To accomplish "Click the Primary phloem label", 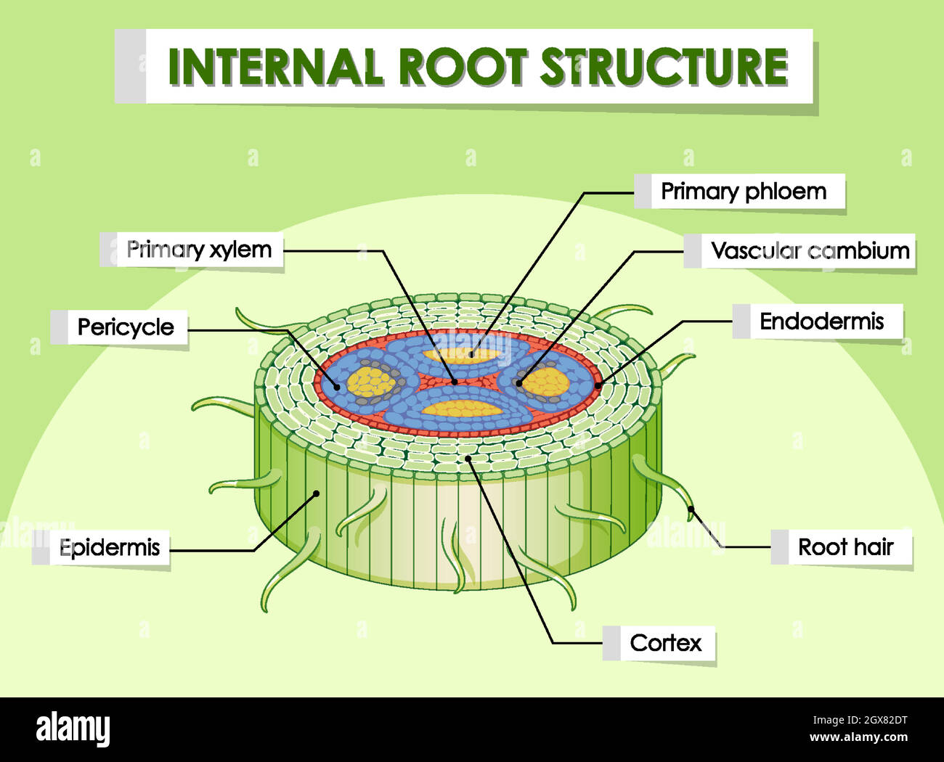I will tap(743, 192).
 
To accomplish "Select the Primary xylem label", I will tap(199, 250).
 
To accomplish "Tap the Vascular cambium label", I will tap(810, 251).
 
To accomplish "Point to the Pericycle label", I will tap(126, 327).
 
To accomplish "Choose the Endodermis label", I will tap(821, 321).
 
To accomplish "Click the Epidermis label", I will tap(110, 547).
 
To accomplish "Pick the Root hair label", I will tap(845, 546).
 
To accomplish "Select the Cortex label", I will tap(665, 643).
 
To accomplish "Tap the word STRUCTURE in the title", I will tap(664, 67).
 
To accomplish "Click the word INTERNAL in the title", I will tap(275, 67).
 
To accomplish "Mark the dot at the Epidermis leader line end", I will tap(317, 493).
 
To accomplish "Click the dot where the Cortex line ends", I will tap(468, 458).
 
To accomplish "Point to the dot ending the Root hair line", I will tap(691, 509).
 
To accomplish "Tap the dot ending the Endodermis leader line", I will tap(598, 385).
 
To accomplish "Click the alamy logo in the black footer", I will tap(73, 729).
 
